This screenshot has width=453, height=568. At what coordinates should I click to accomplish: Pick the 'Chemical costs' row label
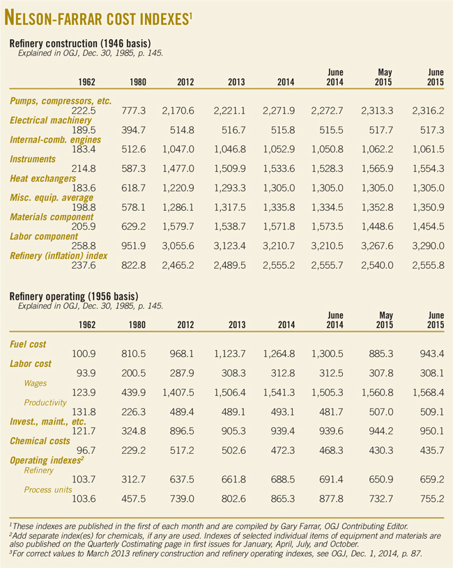39,441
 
